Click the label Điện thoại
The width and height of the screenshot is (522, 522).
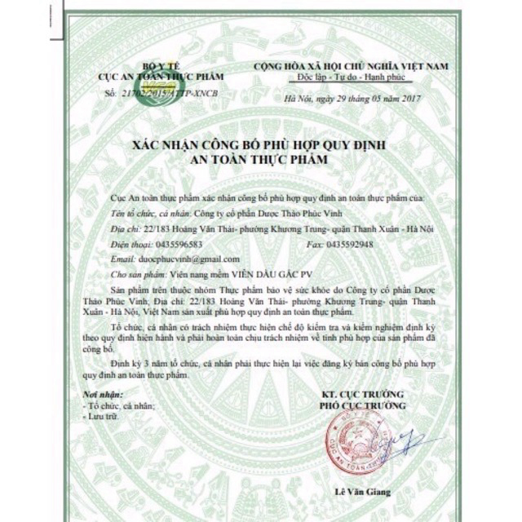pos(128,244)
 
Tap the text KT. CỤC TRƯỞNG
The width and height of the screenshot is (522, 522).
pos(362,393)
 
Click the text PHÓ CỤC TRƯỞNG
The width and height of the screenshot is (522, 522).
pos(362,405)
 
